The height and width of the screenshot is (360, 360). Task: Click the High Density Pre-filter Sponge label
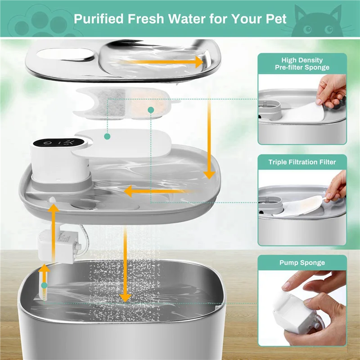[302, 63]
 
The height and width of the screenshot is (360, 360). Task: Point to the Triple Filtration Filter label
[302, 162]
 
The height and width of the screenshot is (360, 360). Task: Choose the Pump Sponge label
[302, 263]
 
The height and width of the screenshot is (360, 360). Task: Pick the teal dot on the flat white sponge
[107, 135]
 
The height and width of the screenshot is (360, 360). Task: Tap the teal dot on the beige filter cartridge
[151, 110]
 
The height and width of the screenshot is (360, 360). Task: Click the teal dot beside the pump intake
[44, 285]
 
